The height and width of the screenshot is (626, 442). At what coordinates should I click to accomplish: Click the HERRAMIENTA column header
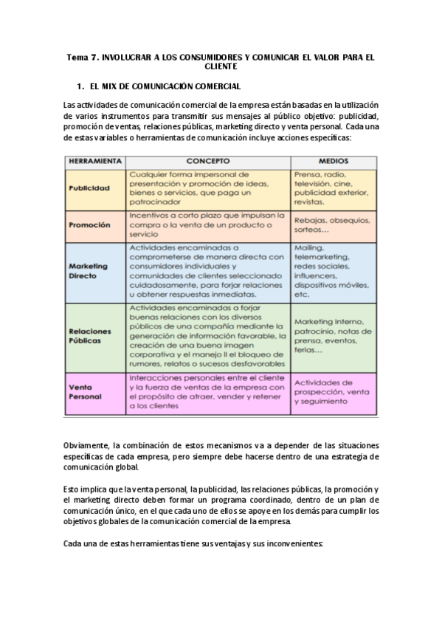[x=95, y=160]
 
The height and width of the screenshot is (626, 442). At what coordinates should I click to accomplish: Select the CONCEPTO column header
[x=207, y=160]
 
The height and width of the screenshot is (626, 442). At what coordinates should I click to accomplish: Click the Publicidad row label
[x=89, y=188]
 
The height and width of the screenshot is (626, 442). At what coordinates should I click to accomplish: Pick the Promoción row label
[x=89, y=224]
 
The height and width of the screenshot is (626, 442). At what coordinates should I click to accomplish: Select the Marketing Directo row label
[x=88, y=271]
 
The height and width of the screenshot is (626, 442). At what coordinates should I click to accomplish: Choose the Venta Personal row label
[x=85, y=392]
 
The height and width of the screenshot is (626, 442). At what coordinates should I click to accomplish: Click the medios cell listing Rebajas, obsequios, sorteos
[x=332, y=224]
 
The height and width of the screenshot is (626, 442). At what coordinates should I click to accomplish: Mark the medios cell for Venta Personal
[x=332, y=392]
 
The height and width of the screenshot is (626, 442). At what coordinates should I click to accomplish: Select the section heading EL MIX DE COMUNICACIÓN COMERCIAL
[x=165, y=86]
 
